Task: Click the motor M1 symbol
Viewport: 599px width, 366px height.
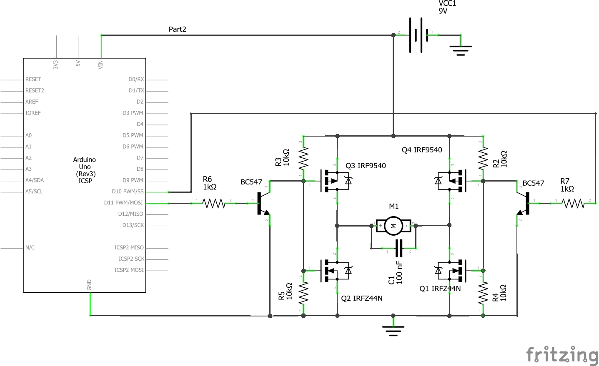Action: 393,226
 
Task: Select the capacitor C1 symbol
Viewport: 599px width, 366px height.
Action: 399,248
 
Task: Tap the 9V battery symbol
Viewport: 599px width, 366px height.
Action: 419,35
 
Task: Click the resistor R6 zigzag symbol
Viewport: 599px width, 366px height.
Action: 213,203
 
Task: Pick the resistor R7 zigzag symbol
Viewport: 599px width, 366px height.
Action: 573,203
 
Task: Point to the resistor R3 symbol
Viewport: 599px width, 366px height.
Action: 303,159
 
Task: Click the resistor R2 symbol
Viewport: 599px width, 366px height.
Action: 483,159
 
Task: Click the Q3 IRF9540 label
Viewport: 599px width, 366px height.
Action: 366,166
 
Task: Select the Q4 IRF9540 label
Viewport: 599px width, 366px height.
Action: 422,150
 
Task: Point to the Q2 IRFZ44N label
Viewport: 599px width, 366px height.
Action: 362,298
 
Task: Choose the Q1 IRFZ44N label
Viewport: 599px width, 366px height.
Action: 440,289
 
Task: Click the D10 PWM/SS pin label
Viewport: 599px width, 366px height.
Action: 128,192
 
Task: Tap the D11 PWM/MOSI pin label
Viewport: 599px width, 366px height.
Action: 123,203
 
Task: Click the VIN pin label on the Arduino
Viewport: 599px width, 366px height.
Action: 100,65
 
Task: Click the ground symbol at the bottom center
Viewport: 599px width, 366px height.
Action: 393,330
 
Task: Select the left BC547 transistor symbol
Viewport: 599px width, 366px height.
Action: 263,203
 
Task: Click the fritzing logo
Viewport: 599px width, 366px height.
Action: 562,355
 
